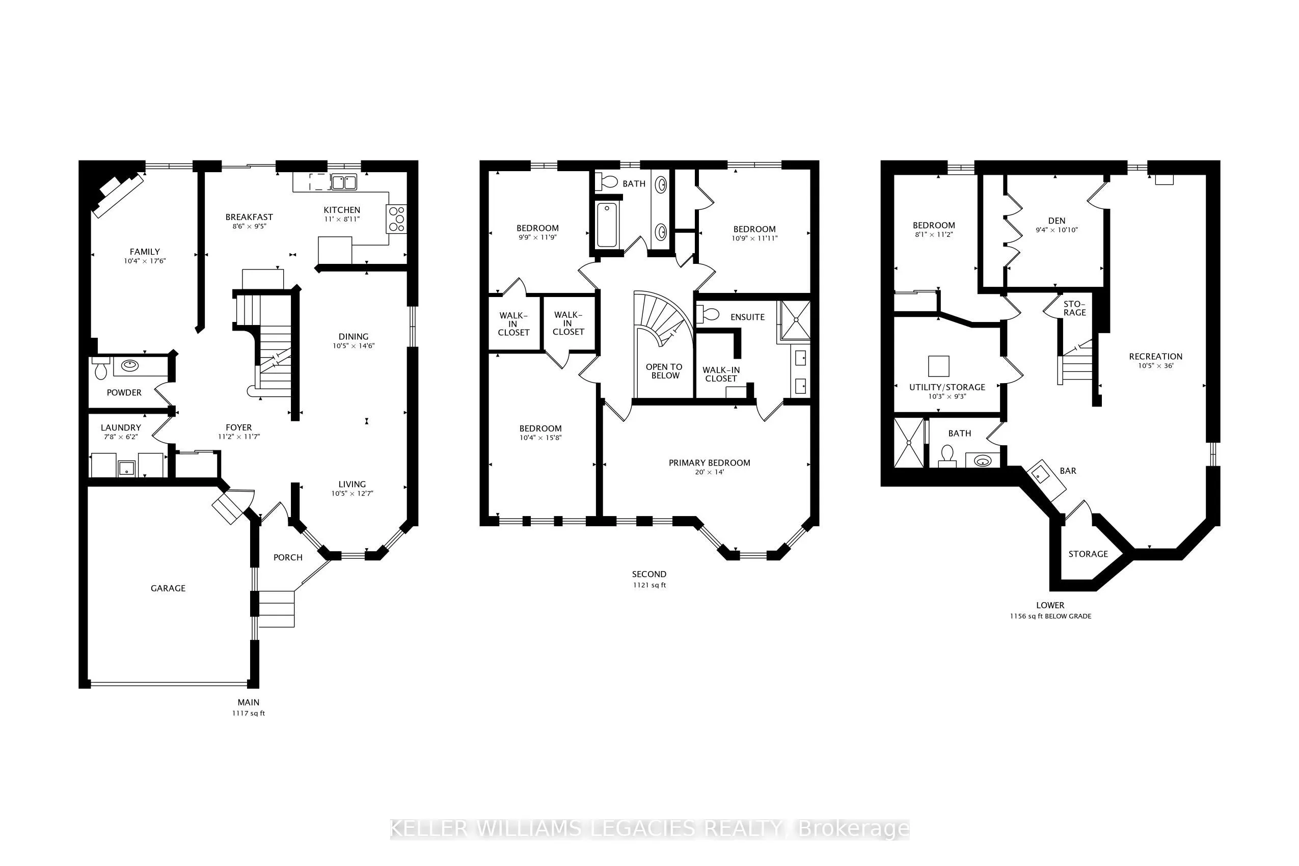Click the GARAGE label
coord(168,588)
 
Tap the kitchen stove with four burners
coord(396,219)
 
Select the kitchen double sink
coord(343,182)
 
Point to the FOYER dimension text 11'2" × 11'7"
coord(238,437)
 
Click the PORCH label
coord(288,557)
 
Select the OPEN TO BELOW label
coord(664,371)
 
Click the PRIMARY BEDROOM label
coord(709,463)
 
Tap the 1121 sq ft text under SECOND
coord(649,585)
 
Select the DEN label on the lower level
coord(1056,221)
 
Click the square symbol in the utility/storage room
coord(938,366)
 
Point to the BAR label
coord(1068,471)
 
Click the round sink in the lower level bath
coord(983,461)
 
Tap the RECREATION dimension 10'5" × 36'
coord(1155,366)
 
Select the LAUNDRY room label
coord(120,427)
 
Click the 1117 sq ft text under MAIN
coord(249,713)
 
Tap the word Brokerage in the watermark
coord(853,829)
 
